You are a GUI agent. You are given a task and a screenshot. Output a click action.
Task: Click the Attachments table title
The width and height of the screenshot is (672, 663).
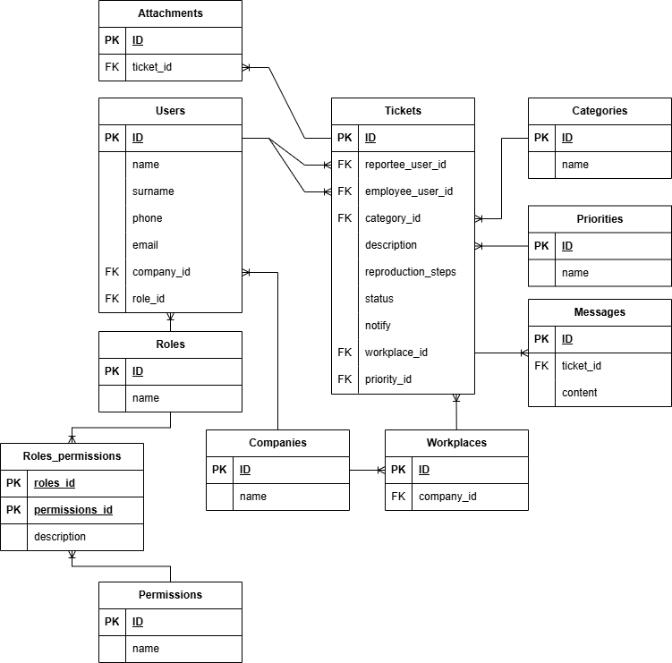point(170,13)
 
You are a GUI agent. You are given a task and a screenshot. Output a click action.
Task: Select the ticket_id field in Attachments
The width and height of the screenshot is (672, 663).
point(154,67)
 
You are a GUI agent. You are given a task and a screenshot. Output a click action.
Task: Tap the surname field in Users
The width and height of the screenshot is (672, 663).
point(153,191)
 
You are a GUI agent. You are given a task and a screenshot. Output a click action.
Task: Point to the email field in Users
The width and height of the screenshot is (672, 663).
point(145,245)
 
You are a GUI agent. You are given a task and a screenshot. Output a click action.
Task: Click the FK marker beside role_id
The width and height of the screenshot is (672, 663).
point(112,299)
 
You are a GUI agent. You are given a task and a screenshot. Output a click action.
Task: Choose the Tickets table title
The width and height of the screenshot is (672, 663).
point(403,111)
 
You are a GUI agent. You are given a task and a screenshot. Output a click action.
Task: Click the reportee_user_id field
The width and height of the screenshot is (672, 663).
point(405,165)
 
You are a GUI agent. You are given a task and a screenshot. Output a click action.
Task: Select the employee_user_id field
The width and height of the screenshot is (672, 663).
point(409,191)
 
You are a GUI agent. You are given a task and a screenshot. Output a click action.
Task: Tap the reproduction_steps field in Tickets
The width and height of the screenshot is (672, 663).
point(410,272)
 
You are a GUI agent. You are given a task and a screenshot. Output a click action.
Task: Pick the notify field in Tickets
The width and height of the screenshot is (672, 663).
point(378,326)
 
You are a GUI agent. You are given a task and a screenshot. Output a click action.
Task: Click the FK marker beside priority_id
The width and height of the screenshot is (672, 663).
point(345,379)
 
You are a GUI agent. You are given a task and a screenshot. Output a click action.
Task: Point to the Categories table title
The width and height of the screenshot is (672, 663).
point(600,111)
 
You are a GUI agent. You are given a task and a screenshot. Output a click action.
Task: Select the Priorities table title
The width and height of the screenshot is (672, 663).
point(600,219)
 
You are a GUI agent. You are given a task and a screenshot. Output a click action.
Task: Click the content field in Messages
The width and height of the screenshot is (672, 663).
point(579,393)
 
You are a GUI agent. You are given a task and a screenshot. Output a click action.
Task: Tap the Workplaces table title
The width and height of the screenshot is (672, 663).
point(456,443)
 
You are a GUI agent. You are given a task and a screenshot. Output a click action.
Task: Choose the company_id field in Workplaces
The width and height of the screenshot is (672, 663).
point(447,497)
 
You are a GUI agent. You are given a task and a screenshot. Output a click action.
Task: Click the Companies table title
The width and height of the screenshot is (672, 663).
point(277,443)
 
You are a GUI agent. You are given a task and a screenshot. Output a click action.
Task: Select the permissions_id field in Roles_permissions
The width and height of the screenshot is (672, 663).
point(73,510)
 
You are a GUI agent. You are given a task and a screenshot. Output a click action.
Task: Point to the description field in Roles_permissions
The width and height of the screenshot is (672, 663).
point(60,537)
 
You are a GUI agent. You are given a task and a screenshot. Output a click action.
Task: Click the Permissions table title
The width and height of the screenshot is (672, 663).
point(170,595)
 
